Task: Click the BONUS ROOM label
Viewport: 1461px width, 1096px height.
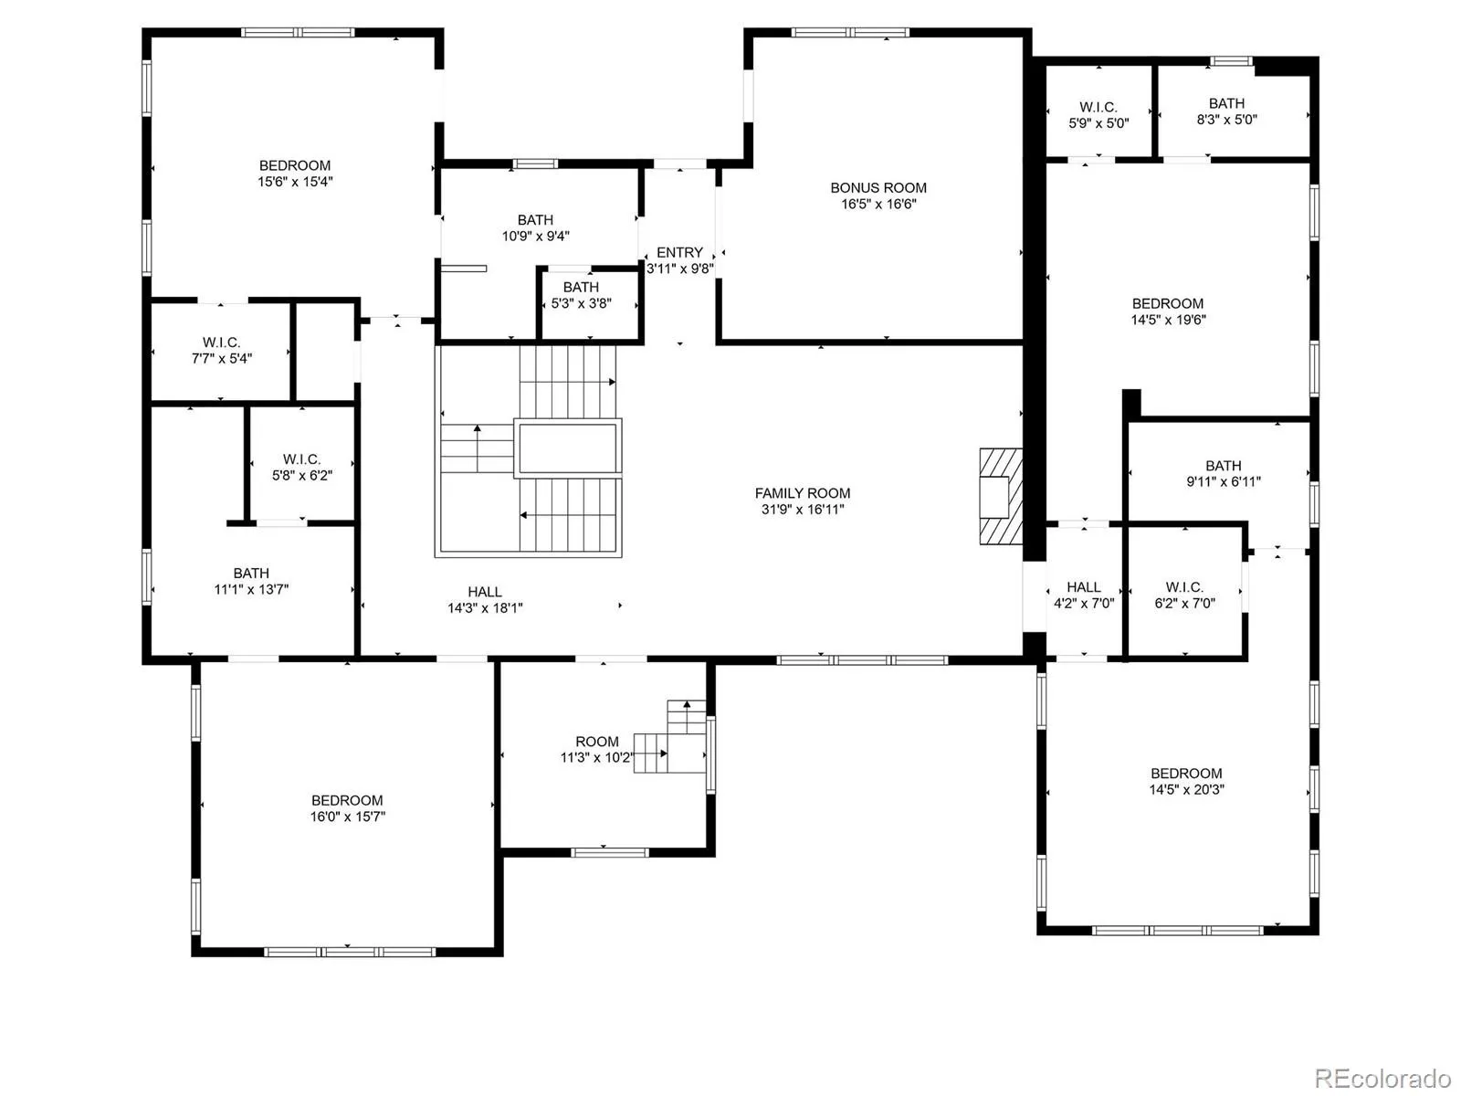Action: click(x=878, y=187)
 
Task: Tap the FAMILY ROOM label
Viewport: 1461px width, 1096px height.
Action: click(x=802, y=493)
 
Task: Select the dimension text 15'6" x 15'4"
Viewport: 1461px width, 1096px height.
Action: click(x=295, y=181)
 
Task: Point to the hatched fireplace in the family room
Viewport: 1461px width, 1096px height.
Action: click(x=1001, y=497)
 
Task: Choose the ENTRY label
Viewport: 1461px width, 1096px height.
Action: click(x=679, y=252)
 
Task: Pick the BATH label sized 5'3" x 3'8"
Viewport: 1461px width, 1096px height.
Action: click(x=581, y=287)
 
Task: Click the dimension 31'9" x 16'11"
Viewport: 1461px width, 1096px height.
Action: click(x=802, y=509)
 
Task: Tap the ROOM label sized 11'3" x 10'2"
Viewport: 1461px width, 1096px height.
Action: click(x=597, y=742)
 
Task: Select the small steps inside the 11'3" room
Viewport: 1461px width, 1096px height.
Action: click(x=669, y=736)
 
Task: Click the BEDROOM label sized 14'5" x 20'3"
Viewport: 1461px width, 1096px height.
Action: click(x=1186, y=774)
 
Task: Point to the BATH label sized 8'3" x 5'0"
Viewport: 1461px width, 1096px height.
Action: click(x=1226, y=103)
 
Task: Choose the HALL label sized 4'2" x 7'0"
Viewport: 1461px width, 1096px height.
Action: click(x=1084, y=587)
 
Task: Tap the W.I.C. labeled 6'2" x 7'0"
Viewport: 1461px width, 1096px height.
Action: click(x=1184, y=587)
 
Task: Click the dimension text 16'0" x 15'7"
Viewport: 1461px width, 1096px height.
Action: click(x=348, y=817)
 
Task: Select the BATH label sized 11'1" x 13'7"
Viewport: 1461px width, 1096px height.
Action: click(x=251, y=573)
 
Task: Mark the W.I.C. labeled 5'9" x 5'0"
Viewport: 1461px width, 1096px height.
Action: click(x=1098, y=107)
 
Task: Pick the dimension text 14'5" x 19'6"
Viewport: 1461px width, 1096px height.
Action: click(x=1168, y=320)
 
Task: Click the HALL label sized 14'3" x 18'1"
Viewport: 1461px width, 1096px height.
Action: click(x=485, y=592)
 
